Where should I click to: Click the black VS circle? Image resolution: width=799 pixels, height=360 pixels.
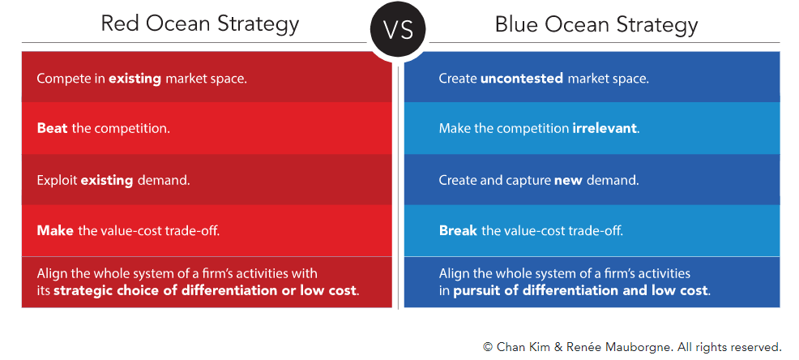398,30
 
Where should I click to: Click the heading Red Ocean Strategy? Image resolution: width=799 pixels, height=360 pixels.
199,24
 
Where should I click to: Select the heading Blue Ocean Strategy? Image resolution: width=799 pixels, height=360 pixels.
596,24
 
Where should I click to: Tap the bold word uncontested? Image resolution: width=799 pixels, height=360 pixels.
521,79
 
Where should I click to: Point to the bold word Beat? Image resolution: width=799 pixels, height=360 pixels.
52,128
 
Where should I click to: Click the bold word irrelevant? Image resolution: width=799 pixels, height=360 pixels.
605,128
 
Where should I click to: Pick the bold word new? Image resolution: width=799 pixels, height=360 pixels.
569,181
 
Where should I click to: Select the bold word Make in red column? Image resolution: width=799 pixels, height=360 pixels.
55,231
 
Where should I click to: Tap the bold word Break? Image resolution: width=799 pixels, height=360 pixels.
458,231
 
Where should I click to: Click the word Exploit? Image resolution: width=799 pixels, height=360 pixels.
57,181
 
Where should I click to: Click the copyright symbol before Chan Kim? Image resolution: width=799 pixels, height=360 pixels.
488,347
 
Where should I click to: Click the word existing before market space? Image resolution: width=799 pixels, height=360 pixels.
135,79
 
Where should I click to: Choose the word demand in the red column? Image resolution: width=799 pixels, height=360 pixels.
163,181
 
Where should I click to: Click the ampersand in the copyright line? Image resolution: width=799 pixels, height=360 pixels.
558,347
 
